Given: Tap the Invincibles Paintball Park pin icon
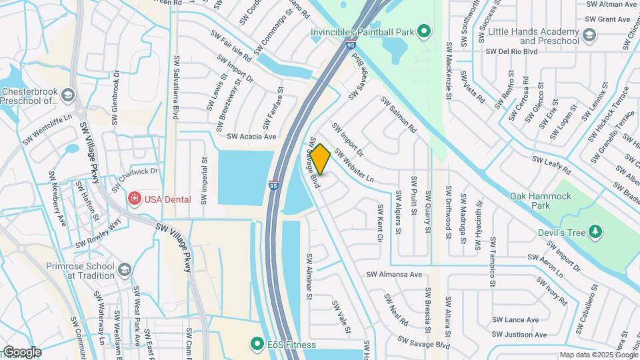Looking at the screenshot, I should point(423,31).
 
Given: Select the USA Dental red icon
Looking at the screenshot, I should point(134,199).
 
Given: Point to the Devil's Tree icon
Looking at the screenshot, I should point(595,233).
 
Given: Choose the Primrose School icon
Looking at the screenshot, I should point(124,269).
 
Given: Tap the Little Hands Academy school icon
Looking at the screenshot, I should point(589,35).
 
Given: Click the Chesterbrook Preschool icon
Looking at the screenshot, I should point(67,96).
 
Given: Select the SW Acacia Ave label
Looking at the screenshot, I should point(251,137).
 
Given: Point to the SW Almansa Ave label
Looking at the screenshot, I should point(393,274).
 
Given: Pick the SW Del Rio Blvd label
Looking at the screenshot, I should point(511,51).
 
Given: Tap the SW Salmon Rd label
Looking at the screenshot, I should point(398,114).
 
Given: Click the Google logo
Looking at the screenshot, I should point(21,351).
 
